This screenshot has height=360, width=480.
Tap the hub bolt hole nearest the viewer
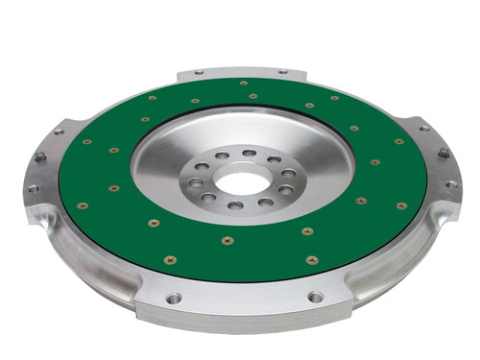click(233, 205)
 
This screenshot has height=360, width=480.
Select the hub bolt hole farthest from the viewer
click(249, 154)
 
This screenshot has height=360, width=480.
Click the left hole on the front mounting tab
click(173, 298)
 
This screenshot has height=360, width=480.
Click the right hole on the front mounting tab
click(315, 297)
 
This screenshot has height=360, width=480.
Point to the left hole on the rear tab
click(199, 72)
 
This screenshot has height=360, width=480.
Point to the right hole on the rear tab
click(282, 72)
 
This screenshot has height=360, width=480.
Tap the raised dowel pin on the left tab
click(40, 156)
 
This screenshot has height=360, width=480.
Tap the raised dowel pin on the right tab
click(444, 153)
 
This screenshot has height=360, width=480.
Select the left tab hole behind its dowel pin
click(59, 132)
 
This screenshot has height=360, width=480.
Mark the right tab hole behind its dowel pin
click(422, 128)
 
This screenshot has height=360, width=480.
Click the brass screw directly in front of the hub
click(227, 240)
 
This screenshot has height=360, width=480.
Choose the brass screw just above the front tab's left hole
click(170, 259)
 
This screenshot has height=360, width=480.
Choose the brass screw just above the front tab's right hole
click(312, 259)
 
